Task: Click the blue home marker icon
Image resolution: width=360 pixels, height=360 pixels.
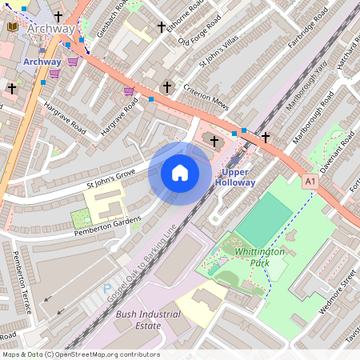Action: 180,173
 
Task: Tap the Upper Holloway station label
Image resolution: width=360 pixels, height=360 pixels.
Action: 235,178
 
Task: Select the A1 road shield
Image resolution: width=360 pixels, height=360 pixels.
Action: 310,182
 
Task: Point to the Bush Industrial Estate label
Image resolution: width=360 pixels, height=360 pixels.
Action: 148,320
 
